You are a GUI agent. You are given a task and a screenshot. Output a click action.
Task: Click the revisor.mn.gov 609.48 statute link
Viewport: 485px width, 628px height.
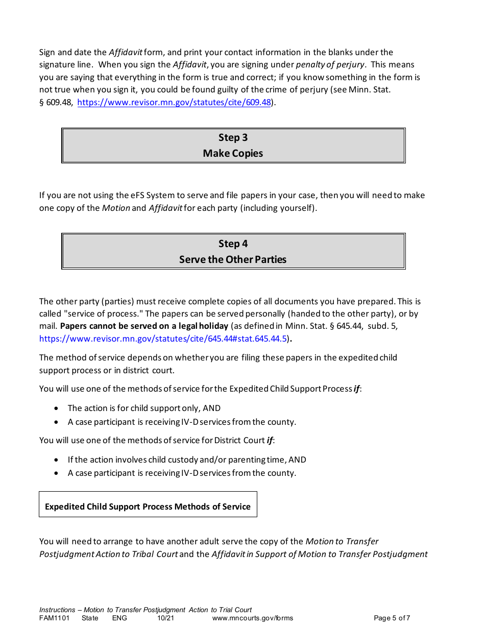[x=174, y=102]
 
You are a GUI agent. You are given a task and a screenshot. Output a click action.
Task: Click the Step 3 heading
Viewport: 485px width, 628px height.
[x=233, y=137]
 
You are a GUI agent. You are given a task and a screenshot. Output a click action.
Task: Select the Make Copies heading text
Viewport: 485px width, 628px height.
[x=233, y=153]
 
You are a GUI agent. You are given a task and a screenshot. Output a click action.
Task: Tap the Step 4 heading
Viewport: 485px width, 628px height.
[x=233, y=244]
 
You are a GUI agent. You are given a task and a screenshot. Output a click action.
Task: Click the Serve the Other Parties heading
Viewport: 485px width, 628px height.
[x=233, y=259]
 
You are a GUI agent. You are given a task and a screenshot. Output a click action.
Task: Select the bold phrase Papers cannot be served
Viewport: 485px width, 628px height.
[x=144, y=326]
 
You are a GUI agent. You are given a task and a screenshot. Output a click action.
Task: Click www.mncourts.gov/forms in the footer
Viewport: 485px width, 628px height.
[x=252, y=618]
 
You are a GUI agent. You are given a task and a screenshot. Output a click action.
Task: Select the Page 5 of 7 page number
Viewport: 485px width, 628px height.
[x=392, y=618]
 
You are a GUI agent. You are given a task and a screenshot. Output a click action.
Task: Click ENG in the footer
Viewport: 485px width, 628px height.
[x=119, y=618]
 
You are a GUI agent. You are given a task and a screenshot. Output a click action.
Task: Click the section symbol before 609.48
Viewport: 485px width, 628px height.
[x=42, y=102]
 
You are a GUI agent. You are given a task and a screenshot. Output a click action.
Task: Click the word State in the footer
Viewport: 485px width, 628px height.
[x=90, y=618]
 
